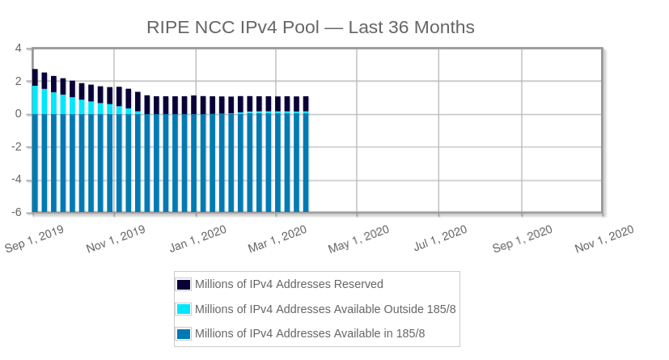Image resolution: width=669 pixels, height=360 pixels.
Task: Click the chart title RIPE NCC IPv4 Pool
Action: coord(310,28)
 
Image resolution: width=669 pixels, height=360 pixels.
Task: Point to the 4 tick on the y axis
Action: coord(18,49)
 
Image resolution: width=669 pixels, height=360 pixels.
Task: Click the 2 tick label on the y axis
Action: coord(18,81)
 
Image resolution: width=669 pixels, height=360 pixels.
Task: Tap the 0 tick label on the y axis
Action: coord(18,114)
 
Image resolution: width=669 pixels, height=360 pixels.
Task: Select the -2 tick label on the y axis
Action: coord(16,147)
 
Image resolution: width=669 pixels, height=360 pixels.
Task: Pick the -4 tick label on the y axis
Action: coord(16,180)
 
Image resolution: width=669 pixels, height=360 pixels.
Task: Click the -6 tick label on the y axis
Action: coord(16,213)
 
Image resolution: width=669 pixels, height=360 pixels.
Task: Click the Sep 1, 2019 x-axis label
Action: coord(34,239)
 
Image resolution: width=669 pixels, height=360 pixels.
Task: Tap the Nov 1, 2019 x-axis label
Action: coord(116,239)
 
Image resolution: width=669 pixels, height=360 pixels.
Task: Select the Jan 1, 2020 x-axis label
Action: coord(197,239)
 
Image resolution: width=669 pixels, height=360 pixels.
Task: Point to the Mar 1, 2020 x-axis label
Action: coord(277,239)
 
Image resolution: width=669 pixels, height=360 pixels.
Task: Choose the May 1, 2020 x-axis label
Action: coord(358,239)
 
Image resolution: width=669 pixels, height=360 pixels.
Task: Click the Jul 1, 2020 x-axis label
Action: coord(440,239)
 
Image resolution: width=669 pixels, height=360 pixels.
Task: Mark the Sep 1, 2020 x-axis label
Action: coord(523,239)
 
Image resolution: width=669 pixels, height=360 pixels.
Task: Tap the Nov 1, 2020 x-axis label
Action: coord(603,239)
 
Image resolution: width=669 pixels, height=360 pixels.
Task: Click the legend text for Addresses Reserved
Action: coord(289,284)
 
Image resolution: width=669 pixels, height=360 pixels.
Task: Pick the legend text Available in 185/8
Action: coord(310,333)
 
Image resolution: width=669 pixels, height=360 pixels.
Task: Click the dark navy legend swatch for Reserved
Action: coord(184,284)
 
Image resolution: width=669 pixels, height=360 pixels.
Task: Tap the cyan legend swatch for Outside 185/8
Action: coord(184,309)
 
